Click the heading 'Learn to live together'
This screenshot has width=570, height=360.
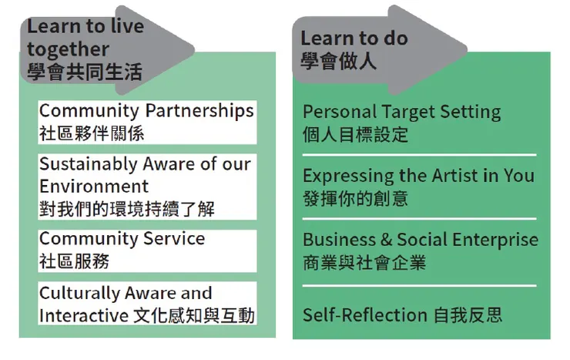point(85,37)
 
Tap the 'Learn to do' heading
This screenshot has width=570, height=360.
point(354,38)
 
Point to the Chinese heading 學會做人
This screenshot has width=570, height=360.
point(338,61)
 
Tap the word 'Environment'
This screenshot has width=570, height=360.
point(93,186)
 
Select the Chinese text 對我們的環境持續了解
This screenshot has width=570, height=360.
point(126,208)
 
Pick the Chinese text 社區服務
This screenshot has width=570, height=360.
point(74,261)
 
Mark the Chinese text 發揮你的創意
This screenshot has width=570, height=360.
point(355,198)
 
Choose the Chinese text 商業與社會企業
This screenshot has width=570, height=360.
point(364,262)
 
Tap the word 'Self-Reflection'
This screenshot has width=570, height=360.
point(364,315)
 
